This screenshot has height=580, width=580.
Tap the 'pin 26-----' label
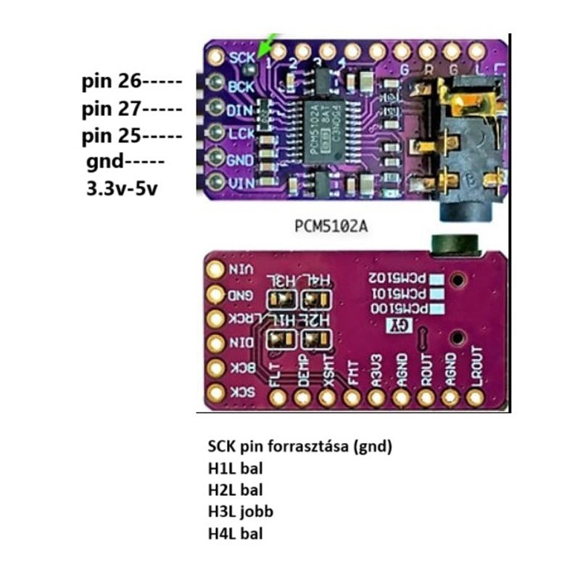130,80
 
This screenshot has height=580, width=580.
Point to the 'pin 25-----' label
130,136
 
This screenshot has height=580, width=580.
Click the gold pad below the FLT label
278,397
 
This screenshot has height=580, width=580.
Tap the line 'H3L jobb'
240,512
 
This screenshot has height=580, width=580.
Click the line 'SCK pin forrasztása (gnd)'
299,447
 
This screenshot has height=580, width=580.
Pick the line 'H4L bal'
235,534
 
